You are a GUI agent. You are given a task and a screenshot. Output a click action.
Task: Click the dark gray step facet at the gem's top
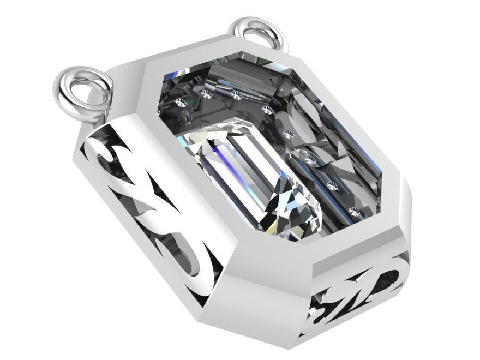coord(240,71)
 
